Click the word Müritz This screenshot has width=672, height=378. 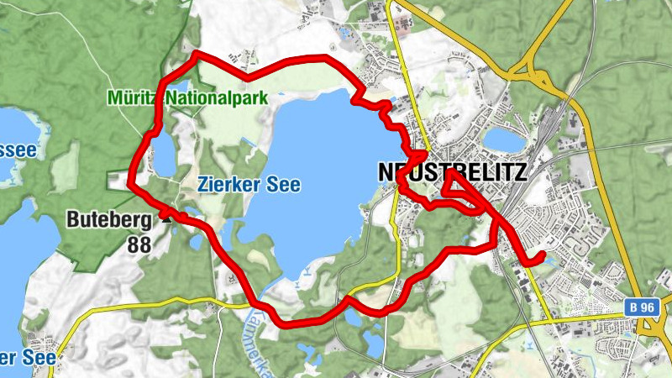click(133, 97)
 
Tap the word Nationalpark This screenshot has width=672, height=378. click(216, 97)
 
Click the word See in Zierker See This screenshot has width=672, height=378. click(285, 184)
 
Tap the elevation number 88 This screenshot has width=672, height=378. click(140, 244)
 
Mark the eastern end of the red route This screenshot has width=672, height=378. click(542, 255)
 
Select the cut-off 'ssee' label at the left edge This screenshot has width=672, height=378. click(18, 150)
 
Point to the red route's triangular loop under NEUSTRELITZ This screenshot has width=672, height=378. click(459, 187)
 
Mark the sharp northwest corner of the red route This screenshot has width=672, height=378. click(196, 55)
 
